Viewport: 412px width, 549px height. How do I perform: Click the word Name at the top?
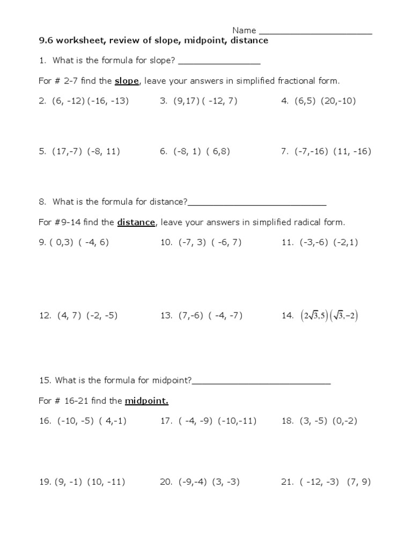[244, 30]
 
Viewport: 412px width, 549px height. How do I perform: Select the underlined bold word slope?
[127, 81]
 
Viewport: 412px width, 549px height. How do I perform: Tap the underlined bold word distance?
[136, 222]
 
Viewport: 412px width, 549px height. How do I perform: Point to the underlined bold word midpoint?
[146, 401]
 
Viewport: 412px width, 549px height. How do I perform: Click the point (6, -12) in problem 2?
[69, 101]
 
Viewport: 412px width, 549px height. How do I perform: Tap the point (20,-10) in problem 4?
[339, 101]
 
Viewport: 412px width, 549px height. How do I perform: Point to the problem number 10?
[166, 242]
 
